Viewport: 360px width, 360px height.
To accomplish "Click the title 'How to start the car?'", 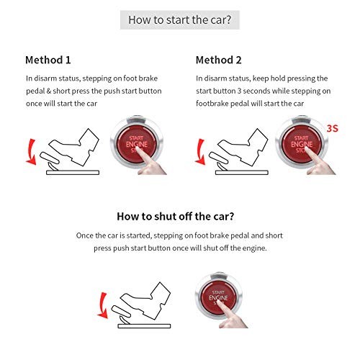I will [179, 19].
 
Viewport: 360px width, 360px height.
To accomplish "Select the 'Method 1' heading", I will [48, 60].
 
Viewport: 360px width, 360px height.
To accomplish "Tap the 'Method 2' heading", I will [219, 60].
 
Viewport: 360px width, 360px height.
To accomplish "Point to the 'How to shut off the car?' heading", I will [179, 215].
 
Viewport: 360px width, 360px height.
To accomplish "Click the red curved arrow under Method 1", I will [30, 152].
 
